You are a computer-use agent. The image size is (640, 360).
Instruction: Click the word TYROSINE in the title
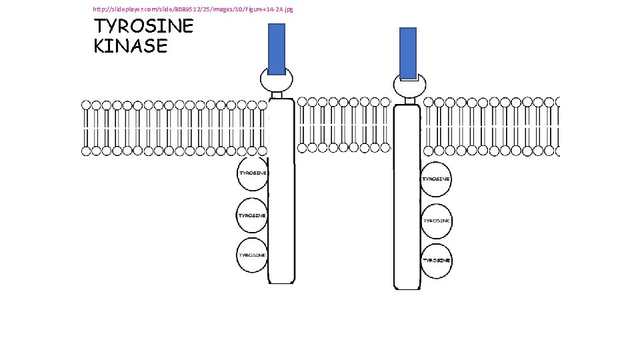coord(143,27)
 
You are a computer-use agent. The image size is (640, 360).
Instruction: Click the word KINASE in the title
coord(131,46)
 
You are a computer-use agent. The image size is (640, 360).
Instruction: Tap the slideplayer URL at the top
coord(193,9)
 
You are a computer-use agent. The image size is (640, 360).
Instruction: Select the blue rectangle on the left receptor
coord(277,48)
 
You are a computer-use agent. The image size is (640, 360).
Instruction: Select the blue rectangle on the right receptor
coord(408,53)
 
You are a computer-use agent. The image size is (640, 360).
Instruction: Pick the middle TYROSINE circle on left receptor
coord(253,215)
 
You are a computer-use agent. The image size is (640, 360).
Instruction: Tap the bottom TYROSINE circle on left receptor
coord(253,255)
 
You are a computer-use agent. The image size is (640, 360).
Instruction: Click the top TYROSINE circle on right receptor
coord(436,179)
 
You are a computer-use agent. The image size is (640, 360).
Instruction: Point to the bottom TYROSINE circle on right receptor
coord(436,260)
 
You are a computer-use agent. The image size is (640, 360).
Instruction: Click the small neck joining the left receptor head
coord(277,95)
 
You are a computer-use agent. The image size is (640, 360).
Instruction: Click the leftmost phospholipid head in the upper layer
coord(86,105)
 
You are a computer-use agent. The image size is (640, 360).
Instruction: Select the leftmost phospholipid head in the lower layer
coord(86,151)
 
